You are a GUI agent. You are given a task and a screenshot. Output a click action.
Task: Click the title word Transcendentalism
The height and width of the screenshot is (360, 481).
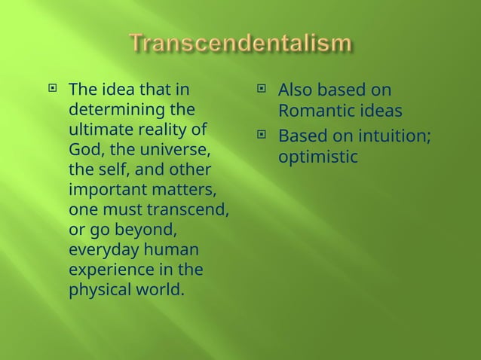(240, 44)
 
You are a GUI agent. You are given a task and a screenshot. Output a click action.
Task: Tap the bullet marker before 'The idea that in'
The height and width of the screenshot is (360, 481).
(53, 92)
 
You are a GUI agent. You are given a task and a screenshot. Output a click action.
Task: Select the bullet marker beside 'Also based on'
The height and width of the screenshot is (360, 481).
(262, 92)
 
